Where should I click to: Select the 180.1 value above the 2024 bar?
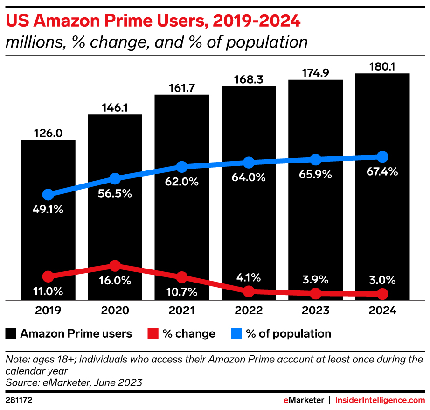click(382, 66)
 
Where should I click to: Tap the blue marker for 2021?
click(182, 167)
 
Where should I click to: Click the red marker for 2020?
click(115, 266)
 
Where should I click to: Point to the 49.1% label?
click(48, 209)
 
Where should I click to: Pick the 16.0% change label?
click(115, 281)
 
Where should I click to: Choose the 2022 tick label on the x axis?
click(249, 311)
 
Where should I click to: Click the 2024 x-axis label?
click(382, 311)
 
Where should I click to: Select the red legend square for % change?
click(153, 333)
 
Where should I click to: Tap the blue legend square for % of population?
click(237, 333)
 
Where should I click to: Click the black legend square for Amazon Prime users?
click(11, 333)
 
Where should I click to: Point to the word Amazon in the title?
click(55, 21)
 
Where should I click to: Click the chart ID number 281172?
click(19, 400)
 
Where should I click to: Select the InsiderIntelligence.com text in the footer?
click(380, 400)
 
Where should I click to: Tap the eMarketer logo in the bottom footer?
click(304, 400)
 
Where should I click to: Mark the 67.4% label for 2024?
click(382, 171)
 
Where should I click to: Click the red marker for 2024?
click(382, 294)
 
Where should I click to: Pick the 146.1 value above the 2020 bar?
click(115, 107)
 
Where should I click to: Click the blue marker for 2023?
click(316, 159)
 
